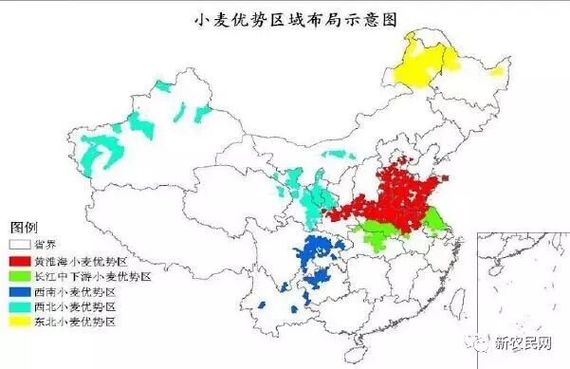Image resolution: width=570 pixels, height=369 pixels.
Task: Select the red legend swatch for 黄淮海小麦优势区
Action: [x=20, y=260]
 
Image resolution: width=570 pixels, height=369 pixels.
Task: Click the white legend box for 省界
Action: [x=20, y=244]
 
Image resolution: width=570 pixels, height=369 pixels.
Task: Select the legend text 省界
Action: [x=46, y=244]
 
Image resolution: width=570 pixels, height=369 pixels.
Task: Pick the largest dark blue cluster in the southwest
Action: [x=318, y=256]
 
